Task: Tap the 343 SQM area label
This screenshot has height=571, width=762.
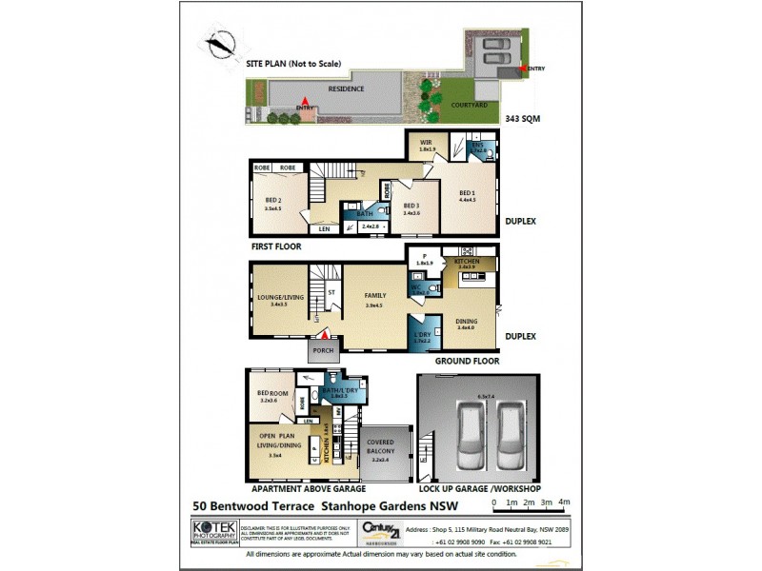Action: pyautogui.click(x=523, y=119)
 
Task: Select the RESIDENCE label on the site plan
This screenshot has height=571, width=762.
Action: pyautogui.click(x=346, y=89)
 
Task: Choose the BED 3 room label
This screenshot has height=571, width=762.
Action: pyautogui.click(x=411, y=207)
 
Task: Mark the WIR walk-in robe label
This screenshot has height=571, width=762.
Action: pyautogui.click(x=428, y=145)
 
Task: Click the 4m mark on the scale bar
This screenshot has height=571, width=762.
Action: pyautogui.click(x=564, y=502)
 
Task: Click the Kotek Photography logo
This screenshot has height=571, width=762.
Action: pyautogui.click(x=211, y=530)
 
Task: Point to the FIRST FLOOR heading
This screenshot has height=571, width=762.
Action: pyautogui.click(x=276, y=246)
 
